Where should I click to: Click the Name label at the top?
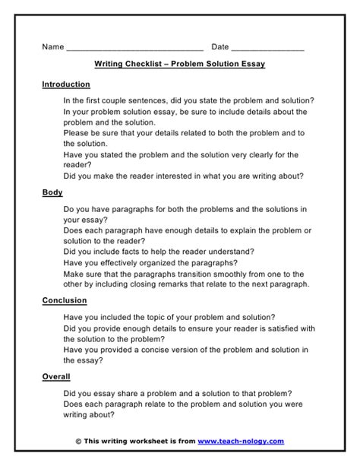(x=52, y=47)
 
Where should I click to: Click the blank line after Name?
(x=134, y=49)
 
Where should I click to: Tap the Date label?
(x=219, y=47)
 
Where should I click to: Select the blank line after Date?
(x=268, y=49)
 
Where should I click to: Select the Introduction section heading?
(x=66, y=84)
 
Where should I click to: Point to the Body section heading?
(x=52, y=193)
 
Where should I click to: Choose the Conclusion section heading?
(x=65, y=300)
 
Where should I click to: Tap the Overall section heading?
(x=56, y=376)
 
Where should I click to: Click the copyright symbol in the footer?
(x=79, y=440)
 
